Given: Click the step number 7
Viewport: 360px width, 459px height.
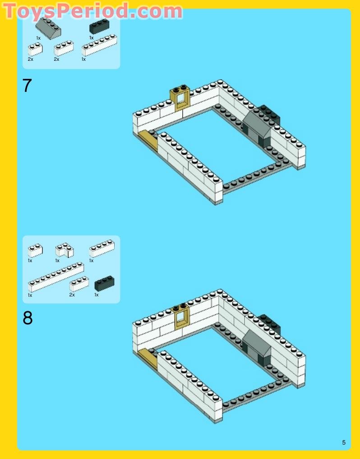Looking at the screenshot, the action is tap(27, 86).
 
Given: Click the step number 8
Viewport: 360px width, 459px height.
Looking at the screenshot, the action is tap(28, 318).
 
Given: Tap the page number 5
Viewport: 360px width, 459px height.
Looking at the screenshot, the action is tap(344, 442).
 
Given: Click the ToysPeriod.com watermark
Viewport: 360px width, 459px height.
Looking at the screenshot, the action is tap(93, 11).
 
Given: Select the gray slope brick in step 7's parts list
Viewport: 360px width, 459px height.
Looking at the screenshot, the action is tap(48, 28).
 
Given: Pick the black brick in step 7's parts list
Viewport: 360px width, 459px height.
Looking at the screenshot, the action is tap(99, 27).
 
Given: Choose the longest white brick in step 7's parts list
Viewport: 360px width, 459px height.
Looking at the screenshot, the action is tap(99, 45).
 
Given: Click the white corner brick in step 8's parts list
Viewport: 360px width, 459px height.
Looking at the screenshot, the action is tap(65, 250).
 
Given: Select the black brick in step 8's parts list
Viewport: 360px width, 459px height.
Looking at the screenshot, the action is tap(104, 283).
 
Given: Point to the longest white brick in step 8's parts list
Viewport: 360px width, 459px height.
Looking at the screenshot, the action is tap(56, 277).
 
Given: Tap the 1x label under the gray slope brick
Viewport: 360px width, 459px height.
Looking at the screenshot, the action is tap(38, 38).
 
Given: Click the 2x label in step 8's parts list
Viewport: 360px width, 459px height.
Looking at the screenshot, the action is tap(72, 295).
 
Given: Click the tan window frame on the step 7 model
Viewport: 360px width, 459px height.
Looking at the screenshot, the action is tap(180, 98).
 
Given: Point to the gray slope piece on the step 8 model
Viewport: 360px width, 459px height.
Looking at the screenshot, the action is tap(257, 342).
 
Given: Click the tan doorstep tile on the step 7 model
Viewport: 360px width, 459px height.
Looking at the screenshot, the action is tap(148, 140).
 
